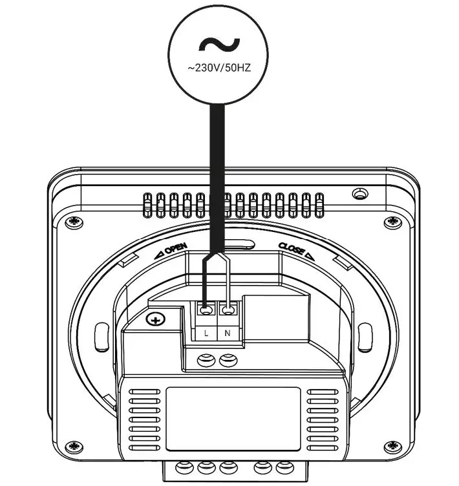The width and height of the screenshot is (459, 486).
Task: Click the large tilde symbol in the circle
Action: [220, 45]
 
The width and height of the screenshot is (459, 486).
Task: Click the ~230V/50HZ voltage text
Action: [220, 67]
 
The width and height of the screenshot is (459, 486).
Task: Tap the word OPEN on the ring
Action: [176, 249]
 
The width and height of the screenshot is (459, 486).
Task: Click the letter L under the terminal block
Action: [206, 333]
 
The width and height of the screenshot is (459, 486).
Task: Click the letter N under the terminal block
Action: [227, 333]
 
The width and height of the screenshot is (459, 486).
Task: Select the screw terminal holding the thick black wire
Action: [206, 310]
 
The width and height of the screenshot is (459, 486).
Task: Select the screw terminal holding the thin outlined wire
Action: [227, 310]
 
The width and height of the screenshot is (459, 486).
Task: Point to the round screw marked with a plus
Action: [155, 319]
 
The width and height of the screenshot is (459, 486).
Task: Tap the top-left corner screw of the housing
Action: [71, 222]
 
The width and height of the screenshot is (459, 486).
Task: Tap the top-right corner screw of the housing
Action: [390, 222]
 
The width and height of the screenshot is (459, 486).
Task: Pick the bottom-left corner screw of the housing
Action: [73, 445]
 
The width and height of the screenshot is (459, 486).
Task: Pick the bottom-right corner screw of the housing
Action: [390, 445]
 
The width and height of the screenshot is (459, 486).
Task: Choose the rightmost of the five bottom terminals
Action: [283, 467]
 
